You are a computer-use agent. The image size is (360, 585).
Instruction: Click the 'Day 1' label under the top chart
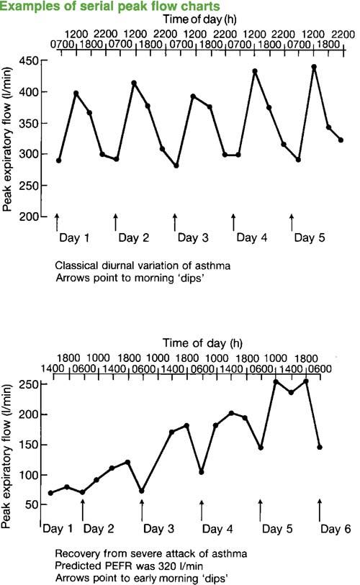74,237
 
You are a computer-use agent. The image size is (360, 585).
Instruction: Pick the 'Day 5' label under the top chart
310,237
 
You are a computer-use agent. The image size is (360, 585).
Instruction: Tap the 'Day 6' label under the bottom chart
336,529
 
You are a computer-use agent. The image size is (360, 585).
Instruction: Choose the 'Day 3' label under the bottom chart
158,529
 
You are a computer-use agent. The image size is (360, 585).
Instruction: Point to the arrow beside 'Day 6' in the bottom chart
320,509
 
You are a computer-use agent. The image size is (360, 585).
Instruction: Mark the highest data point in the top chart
314,67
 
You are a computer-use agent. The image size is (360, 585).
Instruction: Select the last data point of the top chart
341,140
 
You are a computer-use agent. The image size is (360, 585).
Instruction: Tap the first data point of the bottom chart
51,493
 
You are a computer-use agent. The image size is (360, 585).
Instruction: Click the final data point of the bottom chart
320,447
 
